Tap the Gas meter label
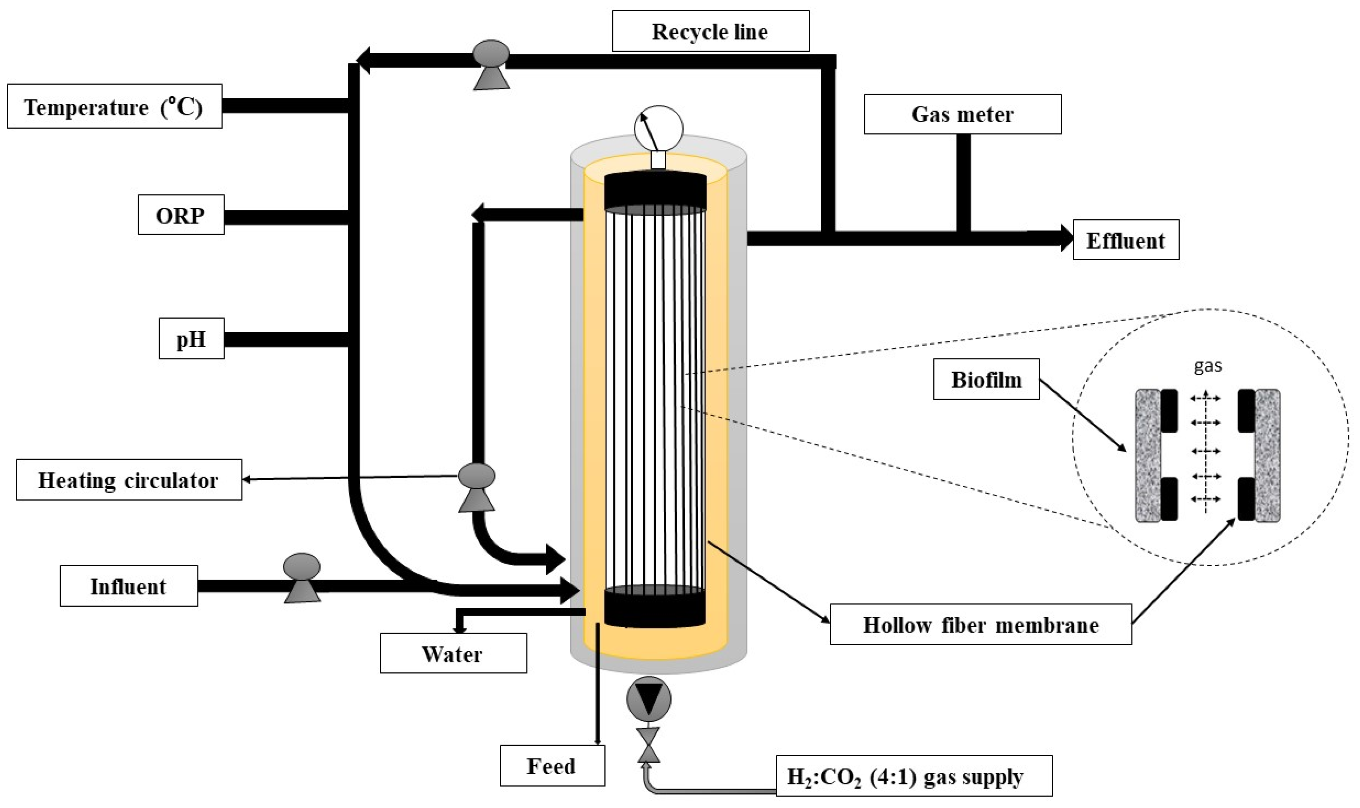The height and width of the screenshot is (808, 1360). (962, 114)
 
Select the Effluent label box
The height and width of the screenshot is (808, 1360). (1125, 240)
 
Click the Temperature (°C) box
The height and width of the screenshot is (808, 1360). (114, 107)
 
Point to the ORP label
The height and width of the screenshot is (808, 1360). (181, 215)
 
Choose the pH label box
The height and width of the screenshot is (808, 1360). (191, 339)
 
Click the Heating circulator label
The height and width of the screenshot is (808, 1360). (129, 480)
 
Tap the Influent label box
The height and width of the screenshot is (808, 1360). (129, 586)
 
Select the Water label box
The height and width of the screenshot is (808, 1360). (453, 654)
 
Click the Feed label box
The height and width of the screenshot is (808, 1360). (552, 766)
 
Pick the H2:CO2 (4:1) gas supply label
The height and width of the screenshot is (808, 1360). (913, 777)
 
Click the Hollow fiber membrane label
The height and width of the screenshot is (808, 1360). (980, 625)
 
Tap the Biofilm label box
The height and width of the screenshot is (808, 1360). (986, 379)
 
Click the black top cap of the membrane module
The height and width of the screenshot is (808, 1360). (655, 192)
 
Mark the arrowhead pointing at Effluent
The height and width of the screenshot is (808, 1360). (1065, 238)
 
